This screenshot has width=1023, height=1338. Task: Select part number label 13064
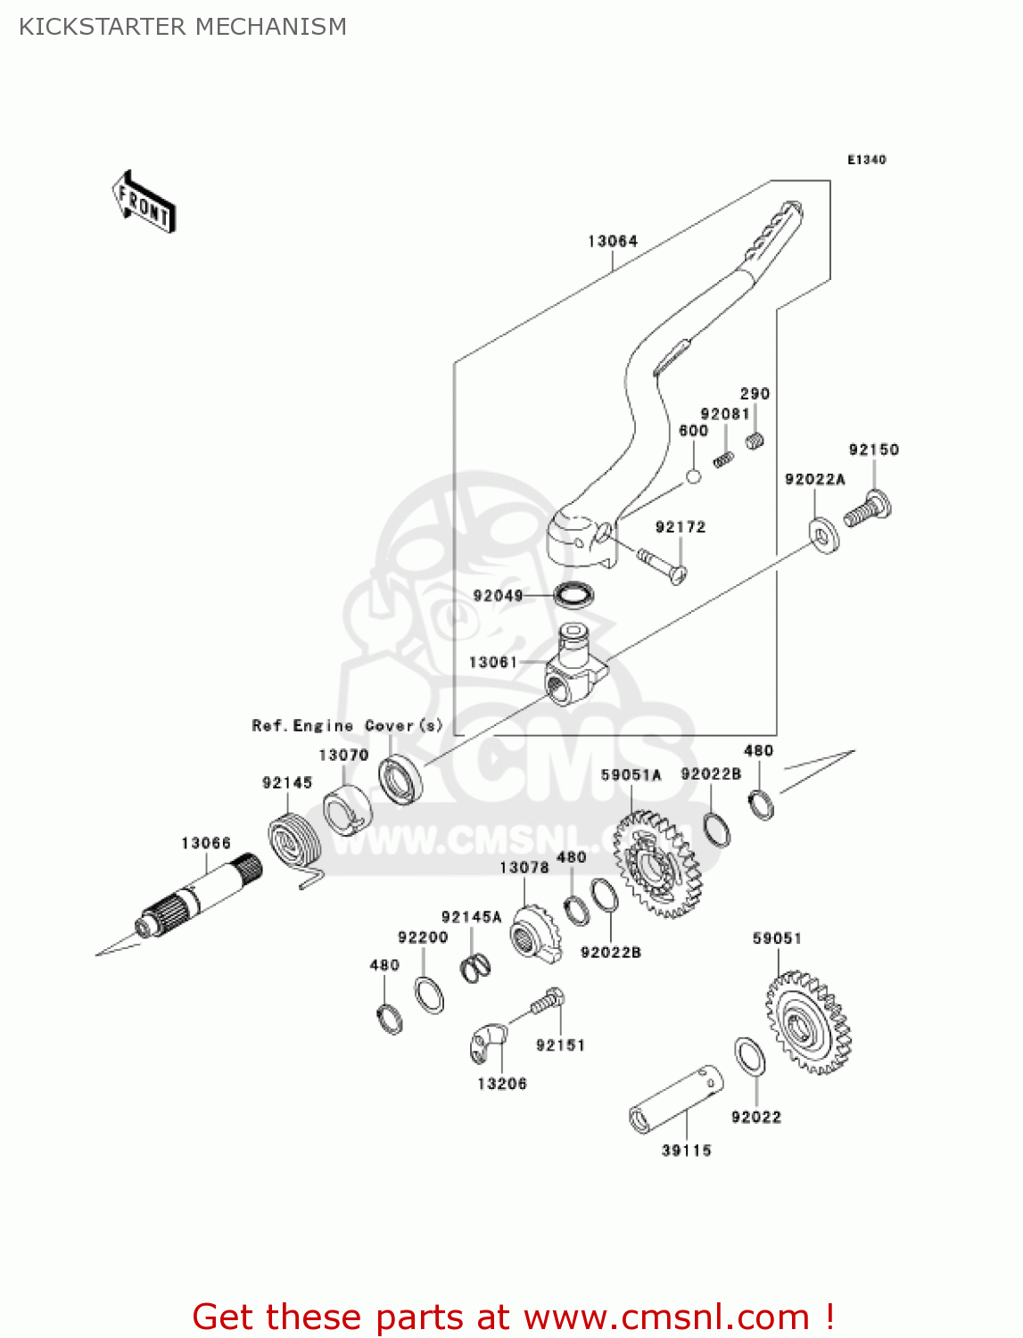(613, 241)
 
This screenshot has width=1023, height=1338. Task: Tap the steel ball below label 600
(693, 476)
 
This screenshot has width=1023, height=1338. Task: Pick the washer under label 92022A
(822, 533)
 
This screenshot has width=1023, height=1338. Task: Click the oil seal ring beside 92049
(574, 594)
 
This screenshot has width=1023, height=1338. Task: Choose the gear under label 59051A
(658, 863)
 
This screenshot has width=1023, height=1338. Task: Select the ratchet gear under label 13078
(534, 935)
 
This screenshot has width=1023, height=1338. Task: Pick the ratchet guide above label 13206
(487, 1043)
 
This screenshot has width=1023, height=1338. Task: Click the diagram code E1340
(866, 160)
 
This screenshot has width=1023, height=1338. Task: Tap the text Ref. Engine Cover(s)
(347, 725)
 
